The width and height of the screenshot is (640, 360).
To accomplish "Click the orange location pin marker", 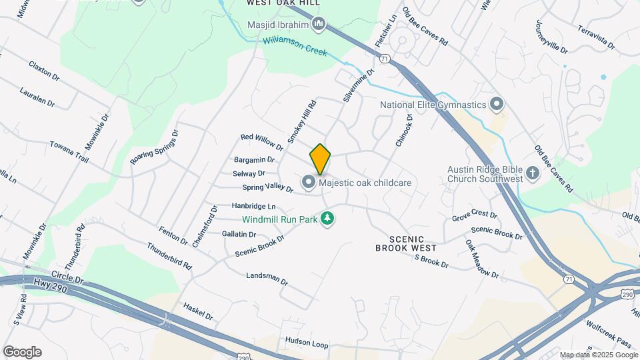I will (320, 159).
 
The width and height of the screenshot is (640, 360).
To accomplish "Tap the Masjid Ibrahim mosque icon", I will (319, 25).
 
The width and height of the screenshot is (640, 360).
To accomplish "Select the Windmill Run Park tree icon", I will (327, 219).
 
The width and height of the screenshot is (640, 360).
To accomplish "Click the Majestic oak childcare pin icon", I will (308, 182).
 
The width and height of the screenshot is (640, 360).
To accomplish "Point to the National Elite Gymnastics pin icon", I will (495, 105).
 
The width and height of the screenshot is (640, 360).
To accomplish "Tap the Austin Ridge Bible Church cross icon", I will (532, 173).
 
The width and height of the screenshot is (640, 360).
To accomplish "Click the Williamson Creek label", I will (295, 45).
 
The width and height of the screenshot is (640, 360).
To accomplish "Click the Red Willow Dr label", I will (262, 141).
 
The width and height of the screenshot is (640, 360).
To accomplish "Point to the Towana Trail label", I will (69, 151).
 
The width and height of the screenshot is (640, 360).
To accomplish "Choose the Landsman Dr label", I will (267, 278).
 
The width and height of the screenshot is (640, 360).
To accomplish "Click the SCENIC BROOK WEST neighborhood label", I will (405, 243).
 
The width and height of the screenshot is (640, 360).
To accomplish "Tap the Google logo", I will (21, 352).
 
